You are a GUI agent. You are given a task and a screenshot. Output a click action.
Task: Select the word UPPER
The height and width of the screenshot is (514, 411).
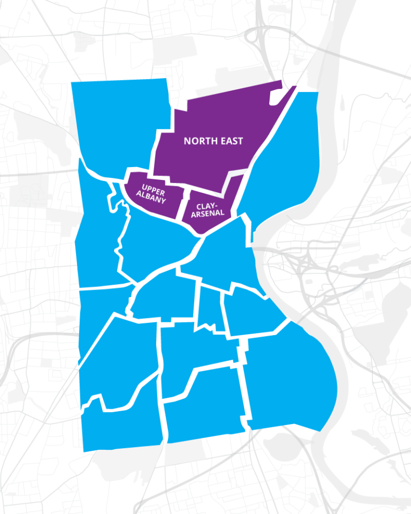(x=153, y=187)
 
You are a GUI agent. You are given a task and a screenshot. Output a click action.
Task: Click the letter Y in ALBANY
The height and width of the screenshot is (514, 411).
(x=163, y=200)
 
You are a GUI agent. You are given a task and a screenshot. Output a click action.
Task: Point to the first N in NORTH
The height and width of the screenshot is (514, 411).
(x=187, y=141)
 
